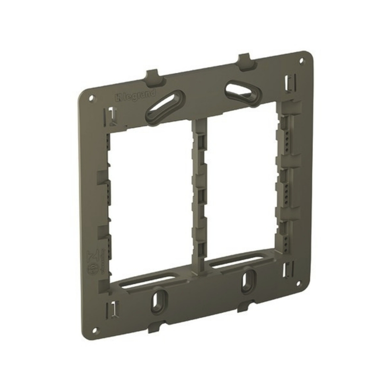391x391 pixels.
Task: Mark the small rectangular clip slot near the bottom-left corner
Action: (113, 309)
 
